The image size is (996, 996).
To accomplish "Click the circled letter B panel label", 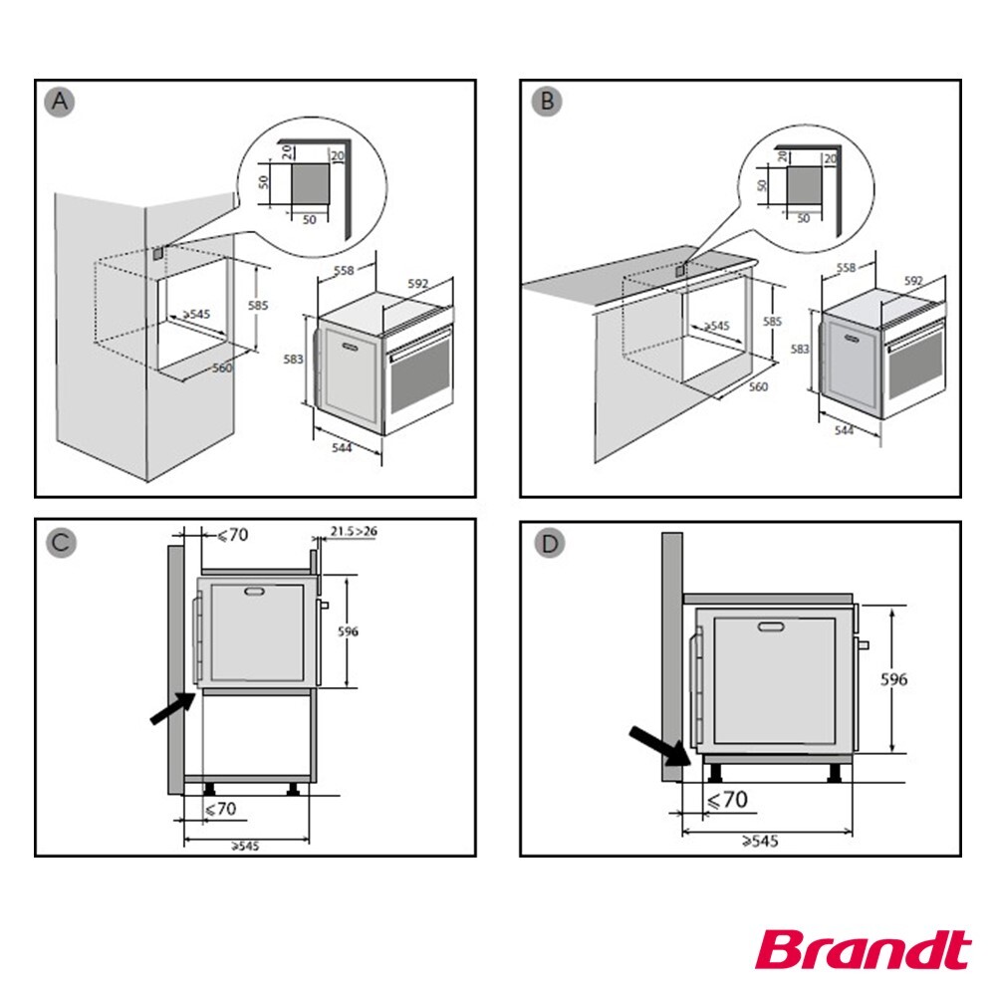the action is click(x=546, y=103).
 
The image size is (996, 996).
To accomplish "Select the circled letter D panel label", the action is click(x=546, y=543).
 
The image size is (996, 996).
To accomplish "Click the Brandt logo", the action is click(x=862, y=951).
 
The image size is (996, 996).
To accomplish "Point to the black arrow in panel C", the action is click(x=171, y=710).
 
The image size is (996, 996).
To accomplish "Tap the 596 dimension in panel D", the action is click(x=895, y=679).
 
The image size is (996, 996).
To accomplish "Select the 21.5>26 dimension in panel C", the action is click(x=354, y=531).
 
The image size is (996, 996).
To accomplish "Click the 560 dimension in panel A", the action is click(x=222, y=368).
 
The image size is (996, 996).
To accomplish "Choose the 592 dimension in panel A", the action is click(x=418, y=282).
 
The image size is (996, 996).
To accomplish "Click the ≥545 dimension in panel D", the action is click(x=759, y=842).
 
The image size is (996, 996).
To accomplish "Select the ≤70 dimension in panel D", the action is click(x=726, y=799).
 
